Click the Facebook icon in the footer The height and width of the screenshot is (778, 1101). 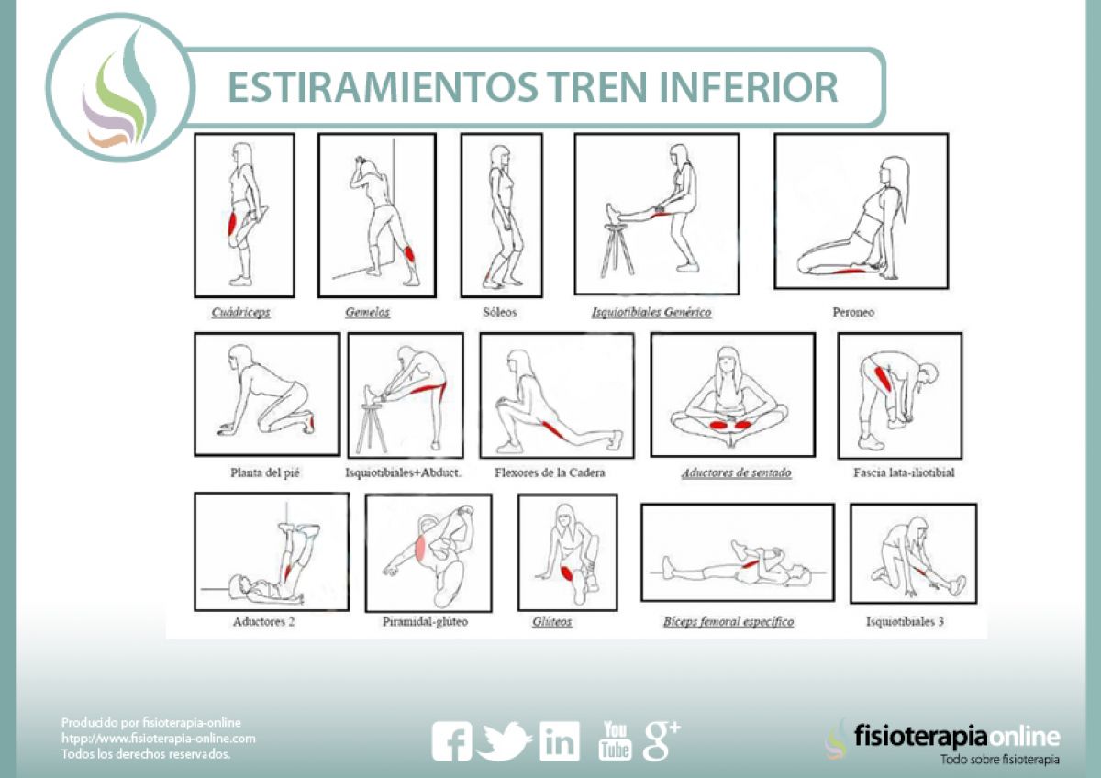(451, 741)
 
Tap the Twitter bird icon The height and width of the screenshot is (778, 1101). (504, 740)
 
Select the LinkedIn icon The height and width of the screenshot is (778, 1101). (560, 741)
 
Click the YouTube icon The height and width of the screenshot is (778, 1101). (615, 740)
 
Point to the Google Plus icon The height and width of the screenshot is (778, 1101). (662, 740)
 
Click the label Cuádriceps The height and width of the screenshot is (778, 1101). (240, 312)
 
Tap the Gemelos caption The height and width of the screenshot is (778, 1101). (368, 312)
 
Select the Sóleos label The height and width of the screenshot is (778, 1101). (499, 312)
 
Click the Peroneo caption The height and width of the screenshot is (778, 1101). (853, 312)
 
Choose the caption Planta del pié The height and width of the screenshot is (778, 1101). (265, 472)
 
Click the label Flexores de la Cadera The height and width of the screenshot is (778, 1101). (550, 472)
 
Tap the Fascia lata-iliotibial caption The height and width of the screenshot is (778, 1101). (904, 472)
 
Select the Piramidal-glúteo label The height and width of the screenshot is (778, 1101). (425, 622)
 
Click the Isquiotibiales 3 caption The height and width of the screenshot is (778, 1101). (905, 622)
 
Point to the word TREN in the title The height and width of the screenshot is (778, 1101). (597, 87)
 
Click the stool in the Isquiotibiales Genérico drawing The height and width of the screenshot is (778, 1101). (617, 250)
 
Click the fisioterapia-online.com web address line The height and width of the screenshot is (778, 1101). (158, 739)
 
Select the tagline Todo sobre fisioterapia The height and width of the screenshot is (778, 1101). (1000, 760)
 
